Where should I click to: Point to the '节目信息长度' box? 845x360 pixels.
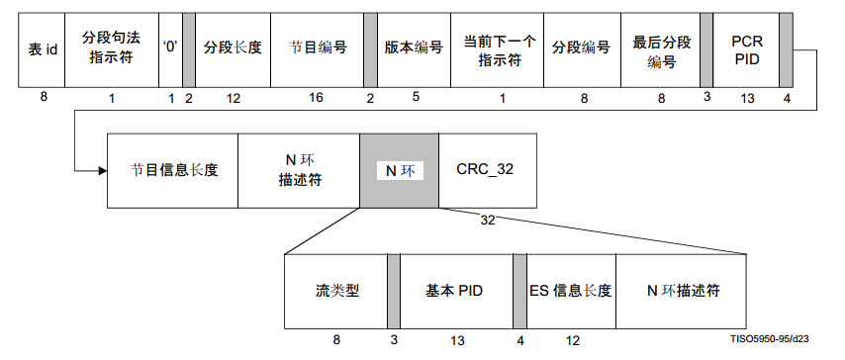[x=172, y=169]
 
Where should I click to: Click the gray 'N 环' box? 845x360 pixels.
[x=399, y=169]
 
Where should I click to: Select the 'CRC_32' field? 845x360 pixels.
[x=485, y=169]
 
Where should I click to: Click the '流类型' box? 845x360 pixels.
[x=335, y=291]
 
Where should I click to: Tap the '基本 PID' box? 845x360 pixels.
[x=455, y=291]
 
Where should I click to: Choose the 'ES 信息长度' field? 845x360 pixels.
[x=571, y=291]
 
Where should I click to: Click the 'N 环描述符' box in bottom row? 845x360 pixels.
[x=682, y=291]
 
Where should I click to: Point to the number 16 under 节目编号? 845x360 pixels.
[x=316, y=97]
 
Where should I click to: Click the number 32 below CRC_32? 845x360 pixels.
[x=487, y=219]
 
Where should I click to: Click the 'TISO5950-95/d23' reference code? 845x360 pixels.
[x=772, y=338]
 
